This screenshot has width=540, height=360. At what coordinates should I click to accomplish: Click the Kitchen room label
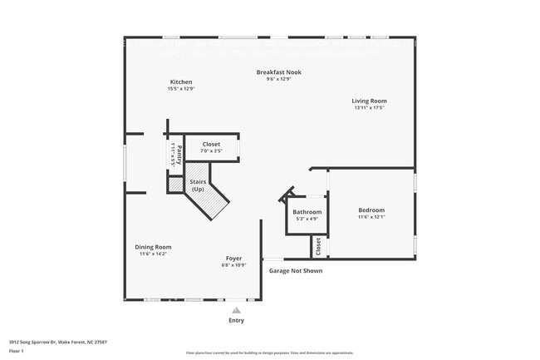(x=181, y=81)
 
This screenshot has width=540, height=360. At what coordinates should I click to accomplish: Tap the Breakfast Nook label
(x=278, y=72)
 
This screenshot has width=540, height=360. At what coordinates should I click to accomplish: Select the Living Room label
(x=370, y=101)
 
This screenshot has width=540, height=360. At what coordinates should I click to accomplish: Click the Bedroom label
(x=371, y=210)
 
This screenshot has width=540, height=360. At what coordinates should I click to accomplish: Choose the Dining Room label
(x=153, y=247)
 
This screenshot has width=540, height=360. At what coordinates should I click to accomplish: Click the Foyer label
(x=233, y=258)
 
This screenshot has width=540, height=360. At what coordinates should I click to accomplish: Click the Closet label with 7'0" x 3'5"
(x=211, y=144)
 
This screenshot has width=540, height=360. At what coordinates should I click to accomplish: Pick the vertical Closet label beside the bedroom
(x=317, y=247)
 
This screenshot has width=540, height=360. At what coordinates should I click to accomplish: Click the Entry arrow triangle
(x=236, y=310)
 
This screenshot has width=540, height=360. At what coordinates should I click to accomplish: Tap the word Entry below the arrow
(x=236, y=320)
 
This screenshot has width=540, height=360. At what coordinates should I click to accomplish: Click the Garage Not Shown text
(x=296, y=270)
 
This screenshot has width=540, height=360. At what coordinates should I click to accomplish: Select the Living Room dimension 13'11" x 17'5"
(x=370, y=108)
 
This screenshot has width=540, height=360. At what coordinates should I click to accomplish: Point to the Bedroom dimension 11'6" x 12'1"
(x=371, y=217)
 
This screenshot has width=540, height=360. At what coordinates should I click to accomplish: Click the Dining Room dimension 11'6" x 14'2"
(x=153, y=254)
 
